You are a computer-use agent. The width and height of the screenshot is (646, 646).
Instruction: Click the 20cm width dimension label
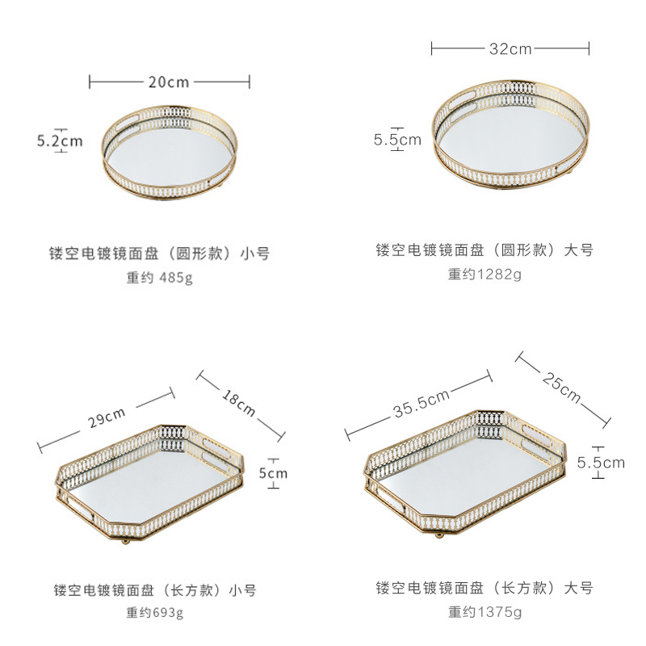(169, 82)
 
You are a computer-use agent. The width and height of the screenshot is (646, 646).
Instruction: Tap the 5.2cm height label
(60, 141)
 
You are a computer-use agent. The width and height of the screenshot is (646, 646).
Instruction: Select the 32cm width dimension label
(510, 48)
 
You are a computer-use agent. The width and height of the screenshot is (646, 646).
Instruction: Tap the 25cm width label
(562, 387)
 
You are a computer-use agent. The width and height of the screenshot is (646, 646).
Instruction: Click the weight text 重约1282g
(484, 274)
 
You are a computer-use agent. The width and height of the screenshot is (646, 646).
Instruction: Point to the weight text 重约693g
(155, 611)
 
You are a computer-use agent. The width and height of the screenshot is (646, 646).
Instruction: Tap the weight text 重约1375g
(484, 611)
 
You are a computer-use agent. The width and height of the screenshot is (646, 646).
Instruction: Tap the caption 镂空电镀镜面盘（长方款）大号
(484, 587)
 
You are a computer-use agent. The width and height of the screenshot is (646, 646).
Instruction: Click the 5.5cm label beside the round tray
(396, 140)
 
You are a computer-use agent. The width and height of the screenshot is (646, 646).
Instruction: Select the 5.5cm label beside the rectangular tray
(601, 463)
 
